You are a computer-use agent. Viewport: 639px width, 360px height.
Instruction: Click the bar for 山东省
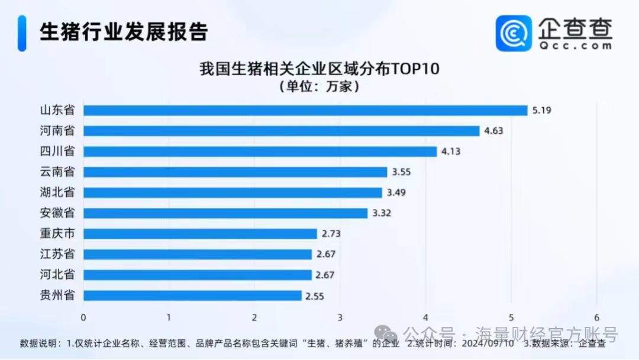pyautogui.click(x=305, y=110)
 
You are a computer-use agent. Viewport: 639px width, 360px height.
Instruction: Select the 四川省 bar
pyautogui.click(x=260, y=151)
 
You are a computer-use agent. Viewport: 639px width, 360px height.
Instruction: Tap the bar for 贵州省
pyautogui.click(x=192, y=295)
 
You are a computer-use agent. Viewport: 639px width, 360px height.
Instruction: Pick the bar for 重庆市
pyautogui.click(x=200, y=233)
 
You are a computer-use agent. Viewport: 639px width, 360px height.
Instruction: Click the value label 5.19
pyautogui.click(x=541, y=110)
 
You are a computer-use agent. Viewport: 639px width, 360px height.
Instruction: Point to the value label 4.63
pyautogui.click(x=493, y=131)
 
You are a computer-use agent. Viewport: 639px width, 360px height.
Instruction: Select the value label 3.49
pyautogui.click(x=396, y=192)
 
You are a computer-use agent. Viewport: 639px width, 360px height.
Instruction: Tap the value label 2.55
pyautogui.click(x=315, y=295)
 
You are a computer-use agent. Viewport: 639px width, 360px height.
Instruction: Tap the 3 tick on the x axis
pyautogui.click(x=340, y=317)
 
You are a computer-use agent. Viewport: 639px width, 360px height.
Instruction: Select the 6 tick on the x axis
pyautogui.click(x=597, y=317)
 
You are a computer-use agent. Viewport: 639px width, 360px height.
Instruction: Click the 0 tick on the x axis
pyautogui.click(x=83, y=317)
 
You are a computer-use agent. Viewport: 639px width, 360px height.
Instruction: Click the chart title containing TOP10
pyautogui.click(x=319, y=69)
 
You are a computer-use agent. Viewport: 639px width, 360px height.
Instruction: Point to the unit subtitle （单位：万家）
pyautogui.click(x=319, y=86)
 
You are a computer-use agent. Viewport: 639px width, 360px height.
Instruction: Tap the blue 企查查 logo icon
pyautogui.click(x=514, y=33)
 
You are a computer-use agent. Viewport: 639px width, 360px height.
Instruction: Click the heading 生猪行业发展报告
pyautogui.click(x=124, y=32)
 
